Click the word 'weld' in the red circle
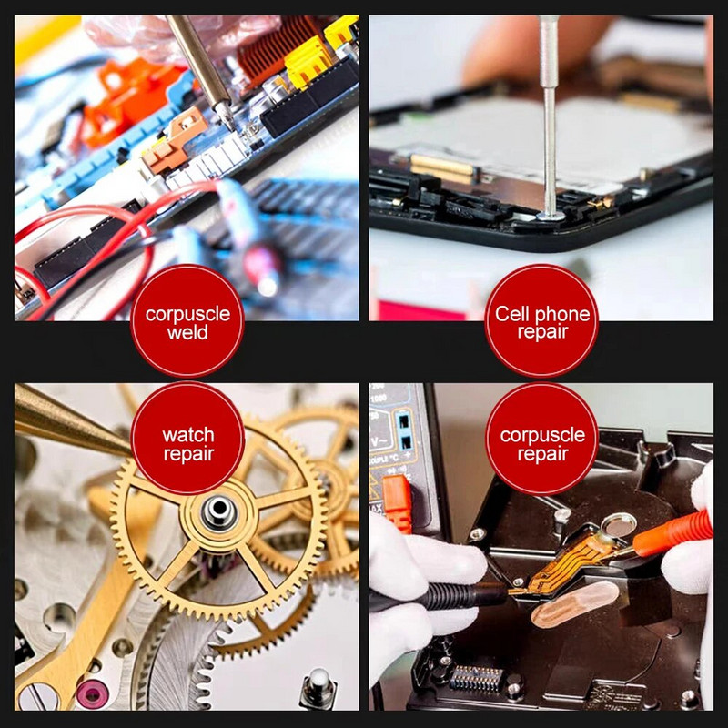click(x=187, y=333)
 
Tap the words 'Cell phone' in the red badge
click(x=542, y=314)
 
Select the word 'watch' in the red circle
click(x=188, y=435)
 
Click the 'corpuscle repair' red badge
click(x=541, y=439)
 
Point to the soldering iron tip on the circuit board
click(x=230, y=119)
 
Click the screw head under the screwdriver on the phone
click(x=551, y=216)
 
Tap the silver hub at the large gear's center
click(x=219, y=511)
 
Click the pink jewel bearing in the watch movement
click(x=93, y=695)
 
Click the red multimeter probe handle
click(x=673, y=534)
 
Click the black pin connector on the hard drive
click(x=476, y=678)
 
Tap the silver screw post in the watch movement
click(x=318, y=687)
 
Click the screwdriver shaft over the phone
click(x=550, y=116)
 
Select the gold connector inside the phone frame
click(x=440, y=168)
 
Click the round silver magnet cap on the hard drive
click(x=619, y=525)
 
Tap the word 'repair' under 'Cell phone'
click(x=542, y=332)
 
